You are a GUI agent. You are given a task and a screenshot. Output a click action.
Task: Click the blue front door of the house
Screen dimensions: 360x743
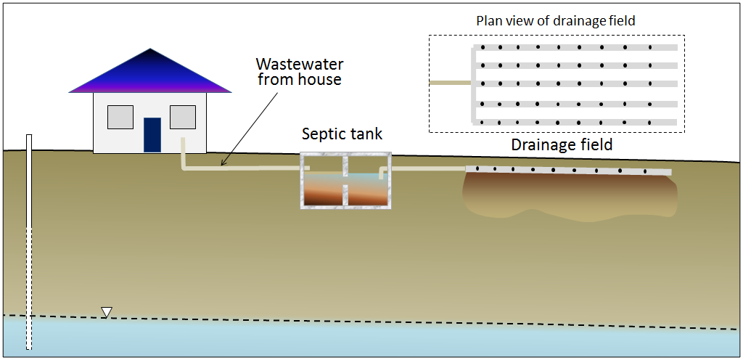152,134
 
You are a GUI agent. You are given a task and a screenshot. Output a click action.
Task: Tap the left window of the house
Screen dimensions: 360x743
120,117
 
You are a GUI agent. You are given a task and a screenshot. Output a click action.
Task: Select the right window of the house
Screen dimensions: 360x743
183,117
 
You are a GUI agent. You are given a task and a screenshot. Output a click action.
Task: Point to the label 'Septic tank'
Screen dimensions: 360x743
342,134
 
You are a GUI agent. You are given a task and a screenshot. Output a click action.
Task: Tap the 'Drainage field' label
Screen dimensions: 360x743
562,144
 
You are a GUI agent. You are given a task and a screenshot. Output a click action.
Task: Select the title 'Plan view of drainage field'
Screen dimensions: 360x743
555,21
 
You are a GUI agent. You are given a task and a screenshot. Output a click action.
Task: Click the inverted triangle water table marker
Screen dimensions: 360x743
107,312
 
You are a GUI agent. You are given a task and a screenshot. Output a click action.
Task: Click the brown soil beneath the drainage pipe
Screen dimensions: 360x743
570,195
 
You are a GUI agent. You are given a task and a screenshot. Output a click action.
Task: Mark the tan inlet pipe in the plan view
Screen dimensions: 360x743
451,83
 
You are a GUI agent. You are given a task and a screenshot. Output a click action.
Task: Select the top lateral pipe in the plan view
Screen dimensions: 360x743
577,47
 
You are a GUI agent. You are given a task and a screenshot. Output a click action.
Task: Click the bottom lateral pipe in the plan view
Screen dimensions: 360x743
577,121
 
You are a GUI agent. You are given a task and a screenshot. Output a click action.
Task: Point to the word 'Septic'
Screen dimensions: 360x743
323,134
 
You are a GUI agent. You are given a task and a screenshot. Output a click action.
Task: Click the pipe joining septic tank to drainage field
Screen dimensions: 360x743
424,168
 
